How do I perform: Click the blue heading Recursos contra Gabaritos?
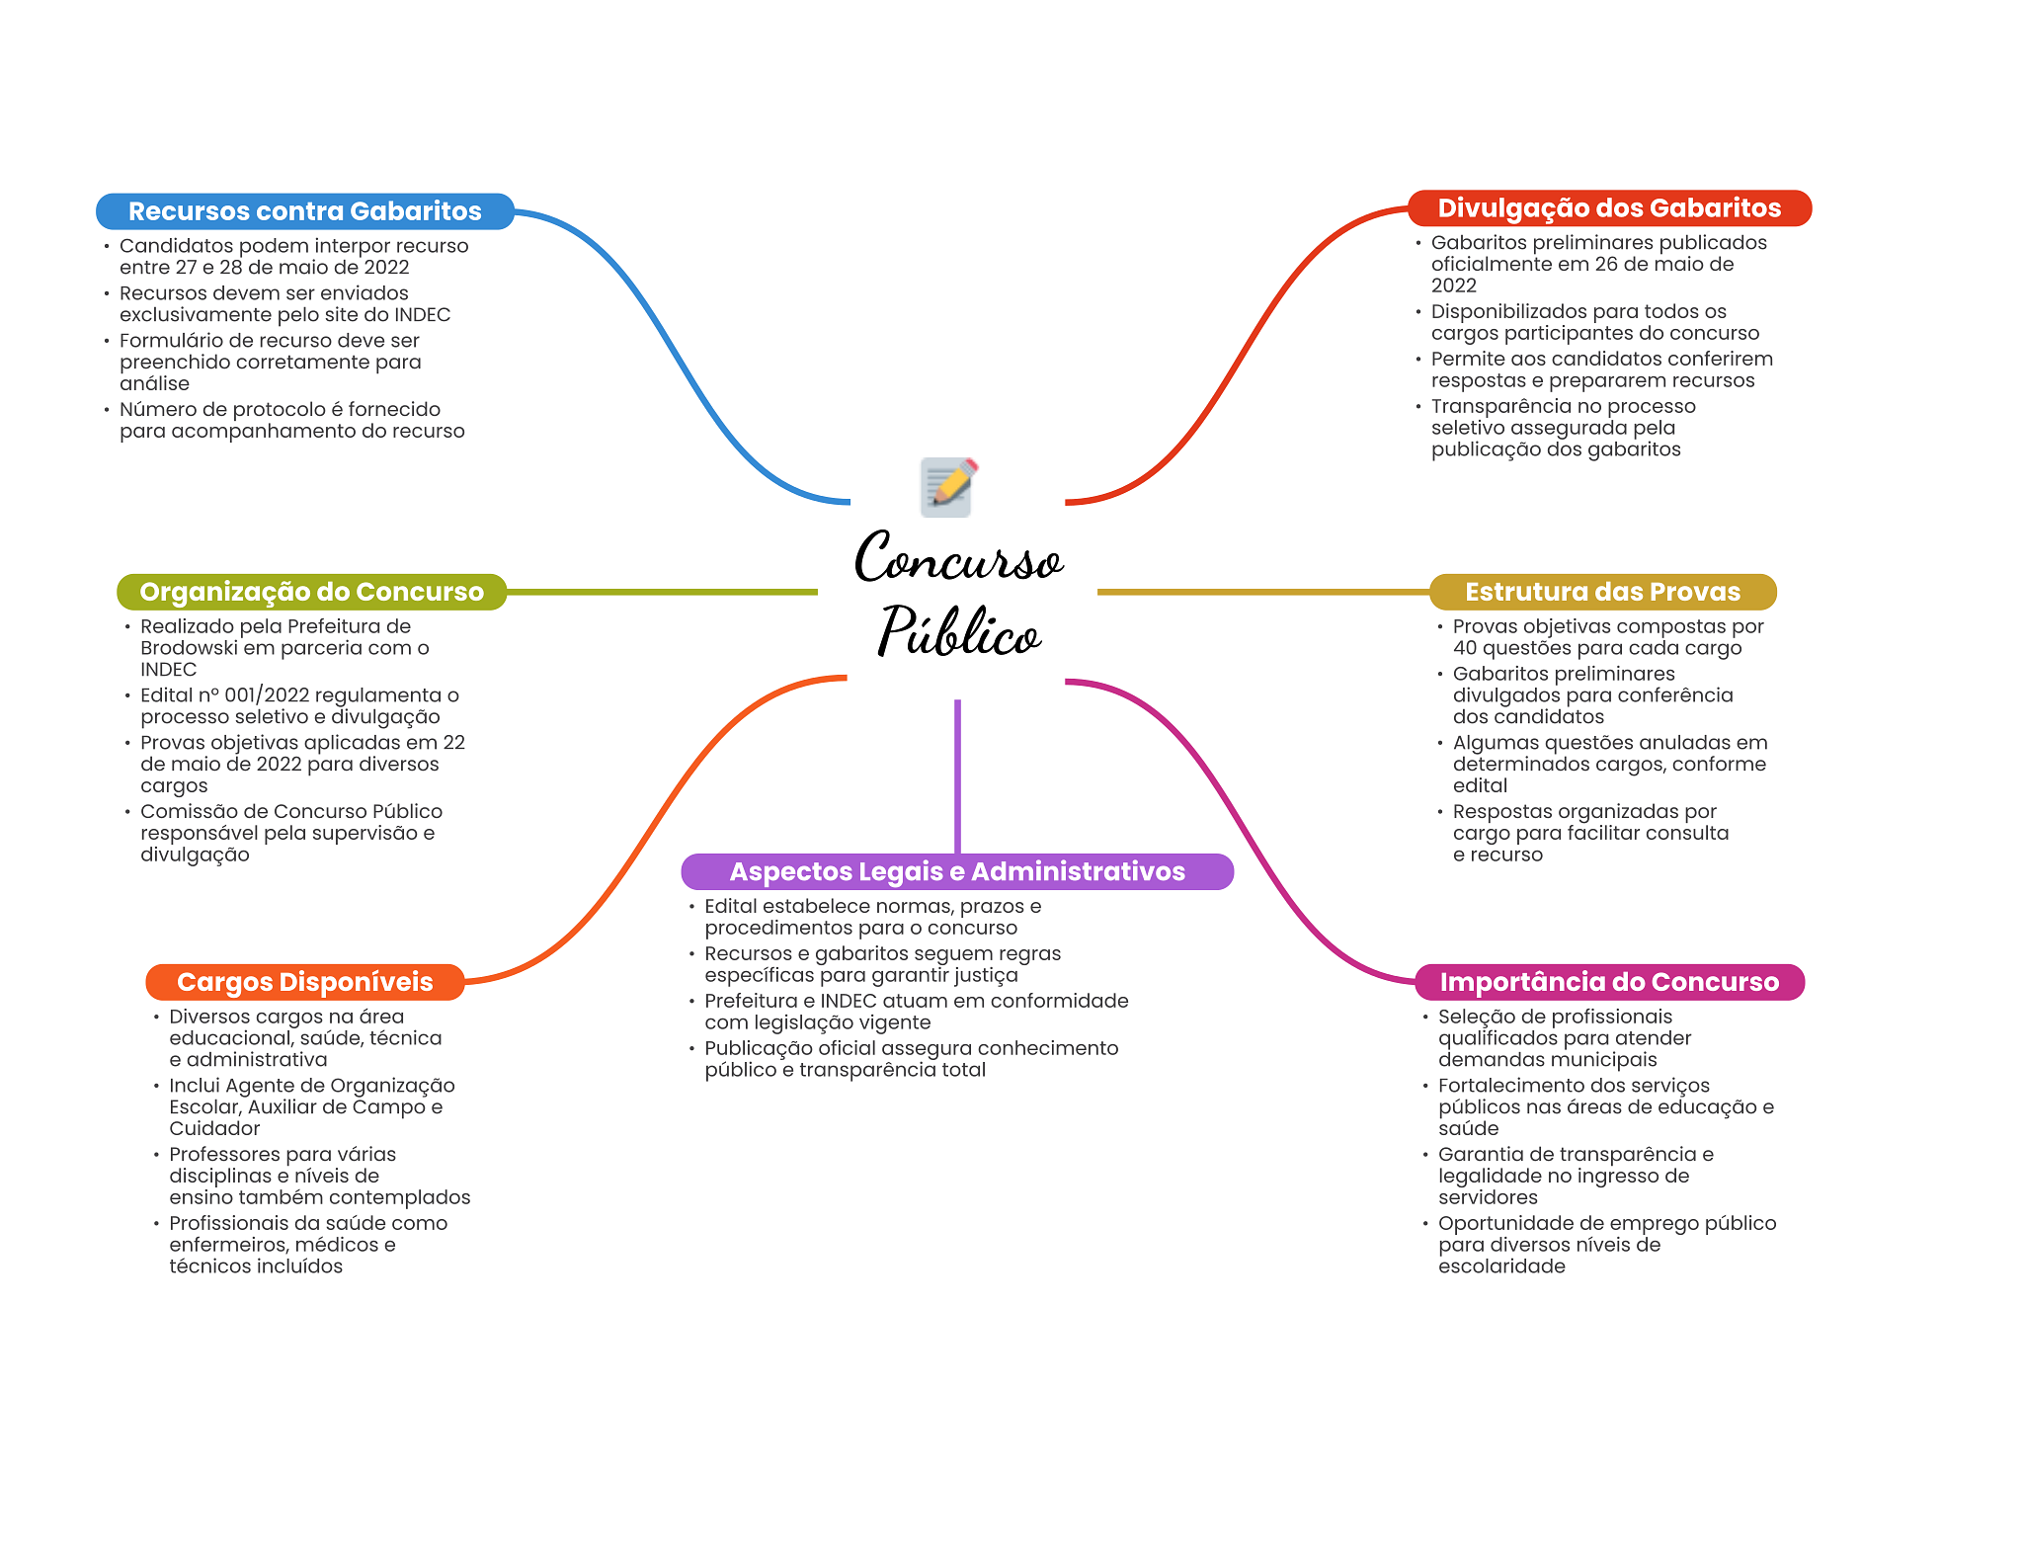pyautogui.click(x=305, y=211)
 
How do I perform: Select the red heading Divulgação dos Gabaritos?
pyautogui.click(x=1609, y=208)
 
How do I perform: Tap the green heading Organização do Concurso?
pyautogui.click(x=312, y=592)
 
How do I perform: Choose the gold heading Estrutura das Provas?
pyautogui.click(x=1602, y=592)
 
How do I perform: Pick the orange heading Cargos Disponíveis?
pyautogui.click(x=305, y=982)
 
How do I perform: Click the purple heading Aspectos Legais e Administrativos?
pyautogui.click(x=957, y=871)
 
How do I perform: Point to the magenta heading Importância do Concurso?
pyautogui.click(x=1609, y=982)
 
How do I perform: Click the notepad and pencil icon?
pyautogui.click(x=948, y=487)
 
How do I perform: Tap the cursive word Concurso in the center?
pyautogui.click(x=958, y=558)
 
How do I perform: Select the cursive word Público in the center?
pyautogui.click(x=959, y=632)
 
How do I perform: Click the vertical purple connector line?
pyautogui.click(x=957, y=776)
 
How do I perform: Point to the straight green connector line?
pyautogui.click(x=662, y=592)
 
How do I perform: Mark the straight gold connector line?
pyautogui.click(x=1263, y=592)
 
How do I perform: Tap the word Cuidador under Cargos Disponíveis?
pyautogui.click(x=214, y=1128)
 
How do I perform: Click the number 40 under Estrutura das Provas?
pyautogui.click(x=1465, y=648)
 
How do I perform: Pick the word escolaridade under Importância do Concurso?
pyautogui.click(x=1501, y=1266)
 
